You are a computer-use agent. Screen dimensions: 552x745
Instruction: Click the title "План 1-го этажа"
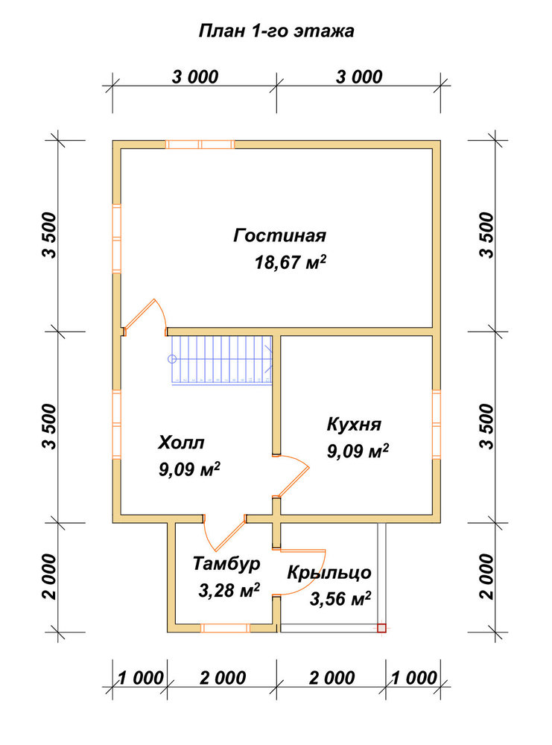(276, 31)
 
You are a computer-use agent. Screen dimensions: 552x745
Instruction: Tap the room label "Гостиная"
(280, 235)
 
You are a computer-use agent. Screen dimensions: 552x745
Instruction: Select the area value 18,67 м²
(291, 261)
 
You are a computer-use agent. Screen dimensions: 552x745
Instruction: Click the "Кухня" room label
(354, 424)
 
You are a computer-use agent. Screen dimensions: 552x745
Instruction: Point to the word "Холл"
(181, 443)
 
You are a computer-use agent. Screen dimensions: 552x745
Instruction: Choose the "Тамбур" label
(226, 564)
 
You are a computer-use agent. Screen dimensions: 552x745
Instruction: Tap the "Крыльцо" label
(329, 572)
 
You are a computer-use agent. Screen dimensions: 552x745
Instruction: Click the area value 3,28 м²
(229, 591)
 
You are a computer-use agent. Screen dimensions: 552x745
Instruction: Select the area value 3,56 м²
(340, 599)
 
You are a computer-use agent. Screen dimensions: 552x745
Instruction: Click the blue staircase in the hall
(221, 360)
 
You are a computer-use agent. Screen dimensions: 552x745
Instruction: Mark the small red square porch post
(381, 628)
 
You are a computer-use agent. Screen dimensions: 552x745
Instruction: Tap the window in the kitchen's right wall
(436, 425)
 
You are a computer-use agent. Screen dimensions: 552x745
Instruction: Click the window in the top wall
(200, 145)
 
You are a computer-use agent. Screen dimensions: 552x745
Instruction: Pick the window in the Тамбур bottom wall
(225, 628)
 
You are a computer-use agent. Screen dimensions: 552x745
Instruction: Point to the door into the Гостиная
(145, 315)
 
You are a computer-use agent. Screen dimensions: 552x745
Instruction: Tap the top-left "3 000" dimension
(195, 77)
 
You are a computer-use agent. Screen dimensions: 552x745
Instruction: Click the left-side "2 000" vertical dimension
(50, 577)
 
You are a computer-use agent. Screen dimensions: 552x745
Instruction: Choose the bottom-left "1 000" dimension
(141, 678)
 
